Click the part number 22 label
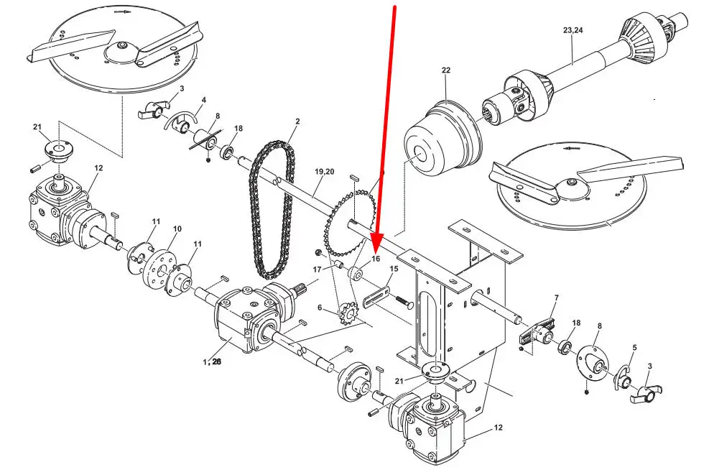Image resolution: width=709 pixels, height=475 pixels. coord(446,70)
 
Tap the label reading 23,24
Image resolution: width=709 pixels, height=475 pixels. coord(573,30)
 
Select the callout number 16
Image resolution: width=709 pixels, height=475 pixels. coord(376,259)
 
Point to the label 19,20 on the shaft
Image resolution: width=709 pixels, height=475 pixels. coord(324,172)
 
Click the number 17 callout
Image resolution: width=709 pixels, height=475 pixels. coord(317,269)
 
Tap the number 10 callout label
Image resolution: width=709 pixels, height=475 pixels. coord(177,229)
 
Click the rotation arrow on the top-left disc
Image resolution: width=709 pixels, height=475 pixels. coord(121,13)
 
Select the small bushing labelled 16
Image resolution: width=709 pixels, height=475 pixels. coord(356,275)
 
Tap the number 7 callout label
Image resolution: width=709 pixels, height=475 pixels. coord(557,298)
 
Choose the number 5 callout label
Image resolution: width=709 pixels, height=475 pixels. coord(635,348)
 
